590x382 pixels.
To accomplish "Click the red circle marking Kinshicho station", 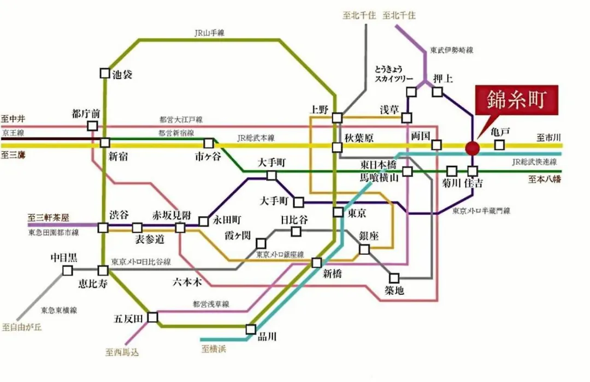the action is pyautogui.click(x=472, y=148).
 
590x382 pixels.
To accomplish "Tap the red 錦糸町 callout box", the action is pyautogui.click(x=517, y=100).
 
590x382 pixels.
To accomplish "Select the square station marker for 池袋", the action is pyautogui.click(x=105, y=73).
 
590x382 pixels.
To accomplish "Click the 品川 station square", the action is pyautogui.click(x=251, y=330).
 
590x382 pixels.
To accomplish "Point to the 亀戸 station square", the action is pyautogui.click(x=499, y=145).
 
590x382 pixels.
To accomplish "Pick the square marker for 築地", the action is pyautogui.click(x=394, y=278).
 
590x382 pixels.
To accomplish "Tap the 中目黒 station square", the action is pyautogui.click(x=67, y=270).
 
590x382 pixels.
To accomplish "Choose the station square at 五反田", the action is pyautogui.click(x=152, y=317).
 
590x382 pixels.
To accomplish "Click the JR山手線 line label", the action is pyautogui.click(x=209, y=33).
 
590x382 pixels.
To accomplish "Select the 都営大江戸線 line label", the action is pyautogui.click(x=181, y=120).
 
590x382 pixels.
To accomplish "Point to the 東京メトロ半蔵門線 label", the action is pyautogui.click(x=481, y=211).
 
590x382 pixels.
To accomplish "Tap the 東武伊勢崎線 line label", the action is pyautogui.click(x=452, y=50).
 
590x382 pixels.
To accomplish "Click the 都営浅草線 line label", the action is pyautogui.click(x=211, y=304).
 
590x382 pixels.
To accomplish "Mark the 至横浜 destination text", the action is pyautogui.click(x=214, y=349).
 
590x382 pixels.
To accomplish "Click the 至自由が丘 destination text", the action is pyautogui.click(x=22, y=327).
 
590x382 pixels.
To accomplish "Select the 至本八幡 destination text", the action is pyautogui.click(x=545, y=180).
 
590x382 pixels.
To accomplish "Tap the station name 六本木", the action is pyautogui.click(x=187, y=282).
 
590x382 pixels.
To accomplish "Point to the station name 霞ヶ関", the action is pyautogui.click(x=238, y=236).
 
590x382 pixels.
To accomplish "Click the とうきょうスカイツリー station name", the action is pyautogui.click(x=393, y=74).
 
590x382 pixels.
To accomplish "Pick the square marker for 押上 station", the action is pyautogui.click(x=437, y=91).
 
